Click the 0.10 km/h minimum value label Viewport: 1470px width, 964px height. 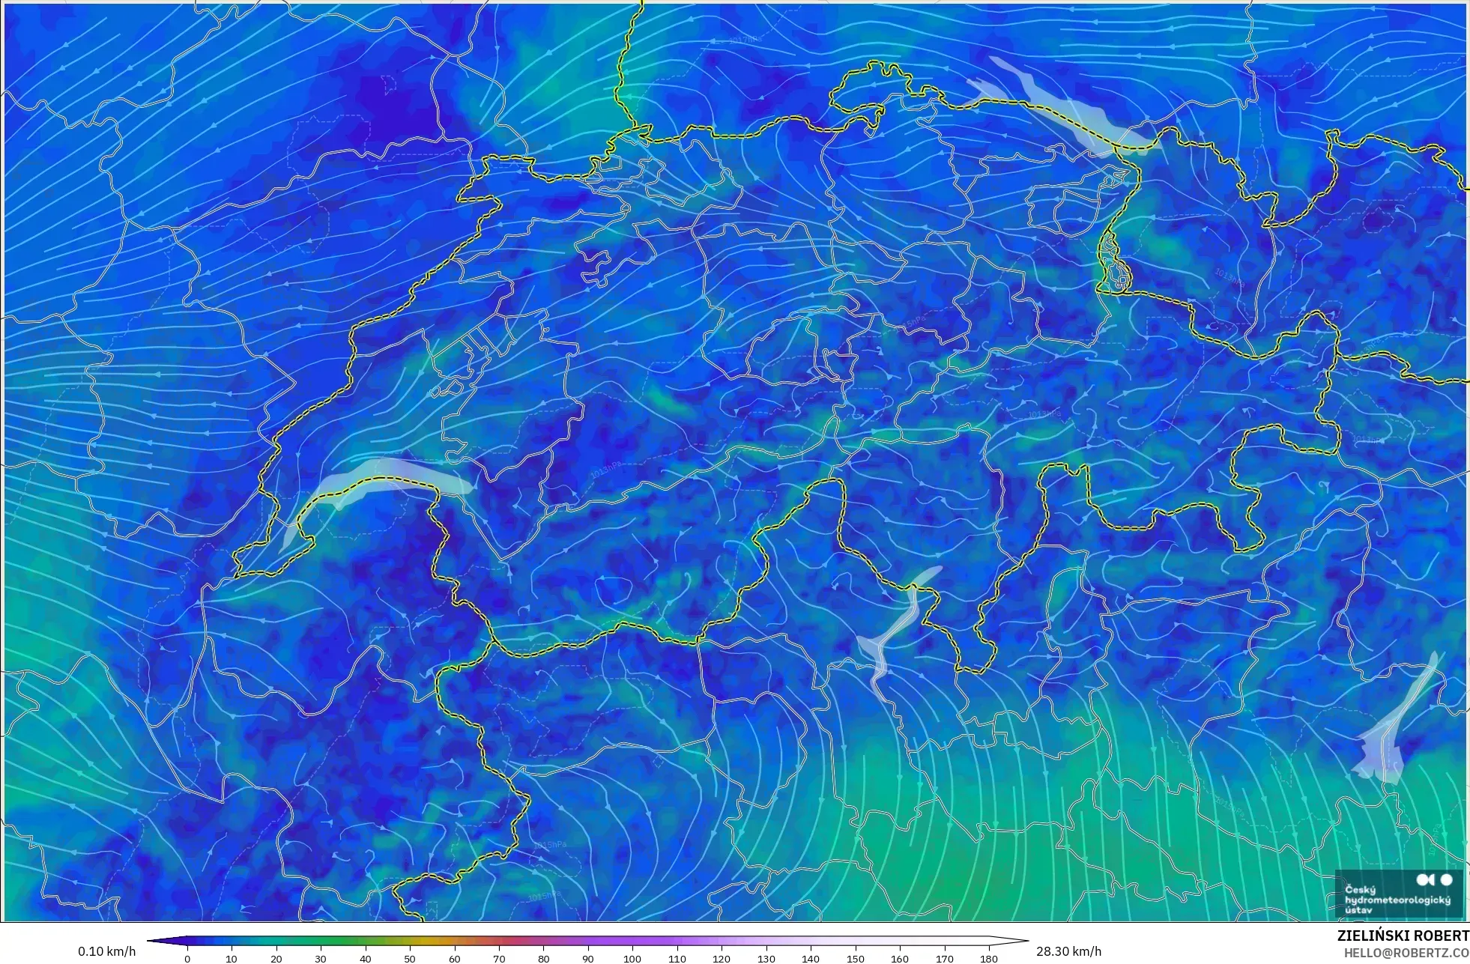tap(106, 951)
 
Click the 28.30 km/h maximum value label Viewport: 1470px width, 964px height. tap(1068, 951)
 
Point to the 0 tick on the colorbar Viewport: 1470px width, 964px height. tap(187, 959)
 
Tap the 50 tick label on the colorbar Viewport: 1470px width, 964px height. tap(410, 959)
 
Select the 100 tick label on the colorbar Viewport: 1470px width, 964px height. tap(632, 959)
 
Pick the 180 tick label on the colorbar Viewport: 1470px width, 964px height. tap(989, 959)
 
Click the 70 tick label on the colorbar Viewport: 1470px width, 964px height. tap(499, 959)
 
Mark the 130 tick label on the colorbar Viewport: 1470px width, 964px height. tap(766, 959)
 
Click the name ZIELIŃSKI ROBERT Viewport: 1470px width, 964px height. tap(1403, 936)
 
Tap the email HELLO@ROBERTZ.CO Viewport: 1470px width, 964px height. tap(1406, 953)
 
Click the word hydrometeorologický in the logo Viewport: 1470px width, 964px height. tap(1397, 900)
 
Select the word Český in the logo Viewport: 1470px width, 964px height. tap(1360, 889)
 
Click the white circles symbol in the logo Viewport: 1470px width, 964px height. tap(1435, 879)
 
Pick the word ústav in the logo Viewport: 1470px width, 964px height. tap(1358, 910)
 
